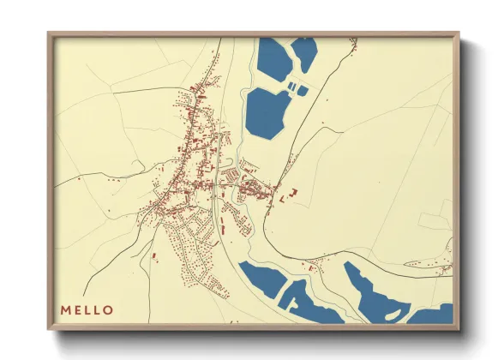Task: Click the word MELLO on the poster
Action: pyautogui.click(x=87, y=309)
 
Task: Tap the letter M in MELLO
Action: pyautogui.click(x=65, y=309)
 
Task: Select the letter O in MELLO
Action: pyautogui.click(x=108, y=309)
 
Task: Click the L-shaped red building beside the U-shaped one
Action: pyautogui.click(x=283, y=198)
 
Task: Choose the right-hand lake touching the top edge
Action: pyautogui.click(x=304, y=53)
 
